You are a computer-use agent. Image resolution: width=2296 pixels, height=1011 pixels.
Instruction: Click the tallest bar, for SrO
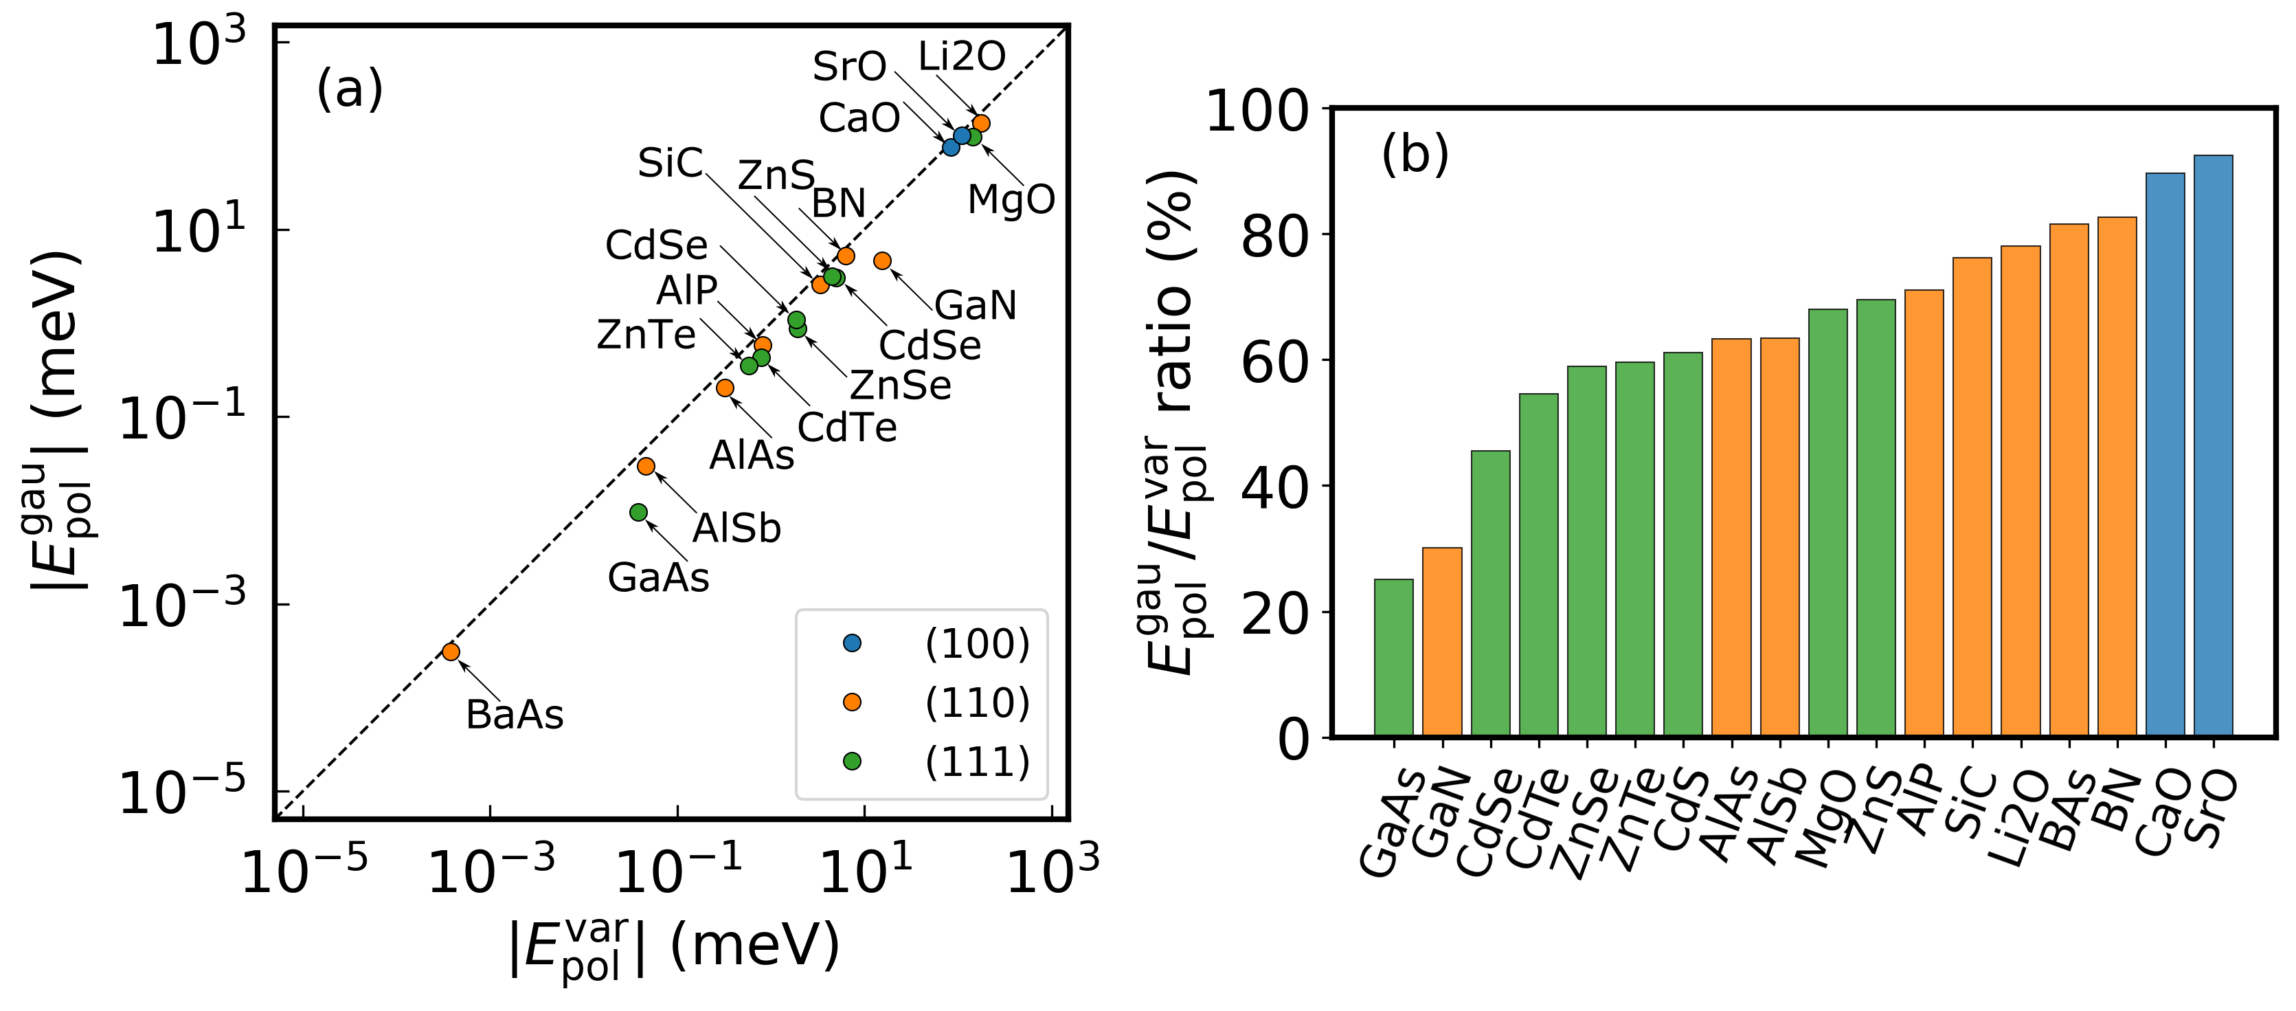[x=2213, y=446]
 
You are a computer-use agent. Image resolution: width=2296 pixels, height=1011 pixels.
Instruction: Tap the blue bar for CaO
[x=2165, y=455]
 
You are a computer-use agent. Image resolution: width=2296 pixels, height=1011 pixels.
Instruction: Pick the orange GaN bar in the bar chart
[x=1441, y=642]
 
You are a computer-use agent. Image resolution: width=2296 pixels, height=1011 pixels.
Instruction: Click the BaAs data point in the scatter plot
[x=451, y=652]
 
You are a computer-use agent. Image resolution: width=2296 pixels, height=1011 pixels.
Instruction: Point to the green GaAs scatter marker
[x=638, y=512]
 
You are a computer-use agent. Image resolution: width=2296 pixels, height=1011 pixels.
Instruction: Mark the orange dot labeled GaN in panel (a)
[x=882, y=260]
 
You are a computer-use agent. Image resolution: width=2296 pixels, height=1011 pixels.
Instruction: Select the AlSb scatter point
[x=646, y=466]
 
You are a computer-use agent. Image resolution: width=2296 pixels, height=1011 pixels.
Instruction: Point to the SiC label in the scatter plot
[x=671, y=163]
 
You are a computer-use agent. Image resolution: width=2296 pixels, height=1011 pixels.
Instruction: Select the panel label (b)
[x=1415, y=153]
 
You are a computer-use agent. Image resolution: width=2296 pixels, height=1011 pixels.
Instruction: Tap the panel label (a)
[x=350, y=89]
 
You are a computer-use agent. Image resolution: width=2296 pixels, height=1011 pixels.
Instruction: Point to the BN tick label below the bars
[x=2113, y=802]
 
